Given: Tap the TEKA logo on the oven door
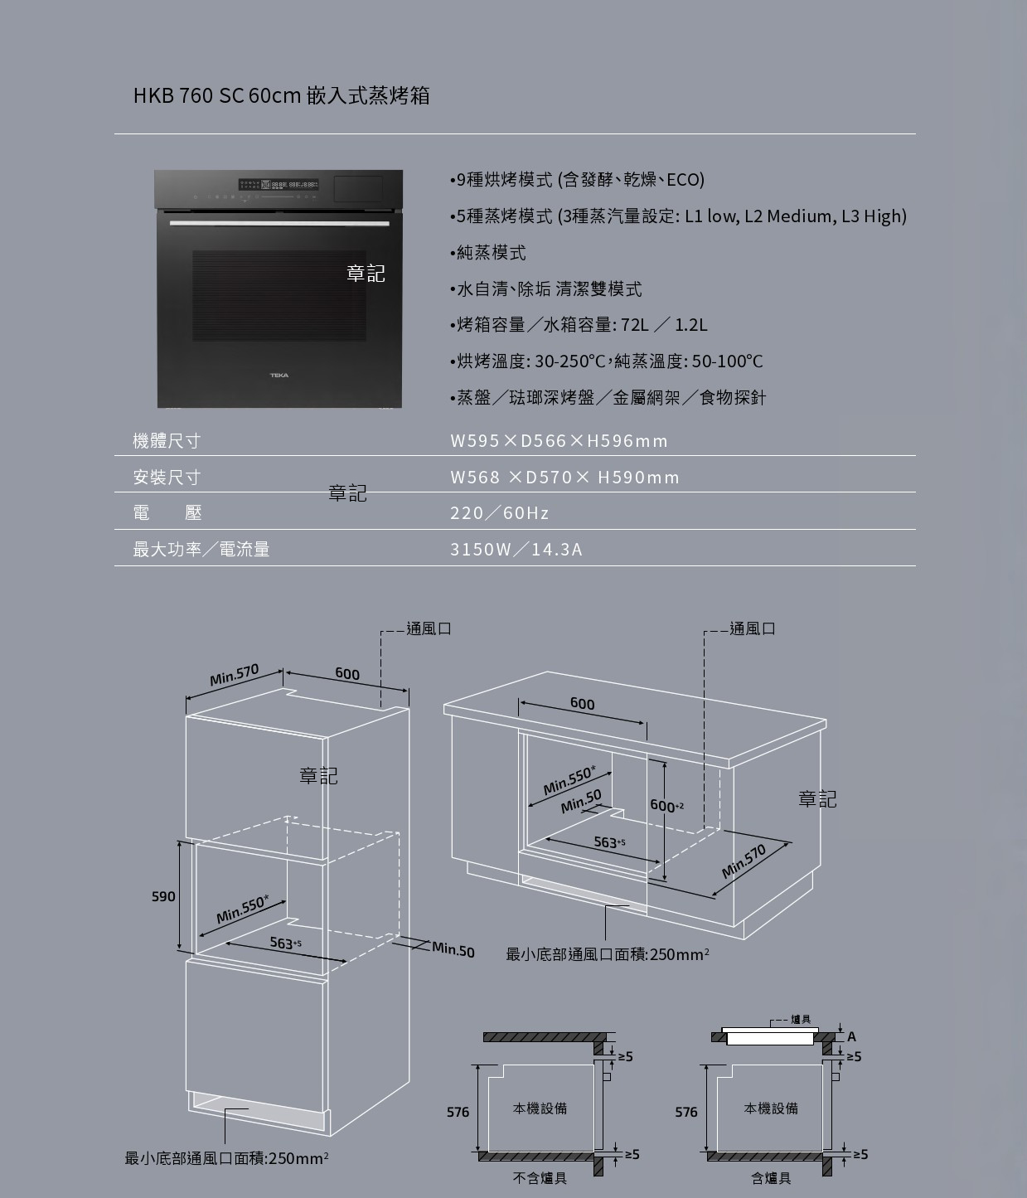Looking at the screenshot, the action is (279, 376).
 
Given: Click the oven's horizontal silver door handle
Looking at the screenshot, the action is (279, 224).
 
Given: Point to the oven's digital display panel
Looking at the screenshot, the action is (279, 185).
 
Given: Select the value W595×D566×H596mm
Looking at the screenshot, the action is (559, 441).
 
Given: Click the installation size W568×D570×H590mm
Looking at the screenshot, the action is (564, 478).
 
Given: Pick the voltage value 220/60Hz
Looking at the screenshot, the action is (500, 513).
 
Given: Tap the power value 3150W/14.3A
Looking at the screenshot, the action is (516, 550).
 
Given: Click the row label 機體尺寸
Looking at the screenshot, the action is (167, 441).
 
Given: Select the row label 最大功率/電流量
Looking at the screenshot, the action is (201, 550).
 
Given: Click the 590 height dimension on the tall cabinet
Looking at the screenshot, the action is (163, 896).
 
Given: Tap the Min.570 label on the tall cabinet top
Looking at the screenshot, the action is (234, 675).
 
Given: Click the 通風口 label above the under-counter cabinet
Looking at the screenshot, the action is (753, 629).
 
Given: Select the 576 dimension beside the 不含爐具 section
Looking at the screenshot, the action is (458, 1112).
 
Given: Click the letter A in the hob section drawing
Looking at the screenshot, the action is (851, 1036).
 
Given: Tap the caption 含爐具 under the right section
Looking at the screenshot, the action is (771, 1178).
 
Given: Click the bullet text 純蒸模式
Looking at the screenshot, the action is (491, 253).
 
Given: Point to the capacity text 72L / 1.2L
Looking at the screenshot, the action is (664, 324).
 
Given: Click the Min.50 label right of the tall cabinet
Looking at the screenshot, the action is (453, 950).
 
